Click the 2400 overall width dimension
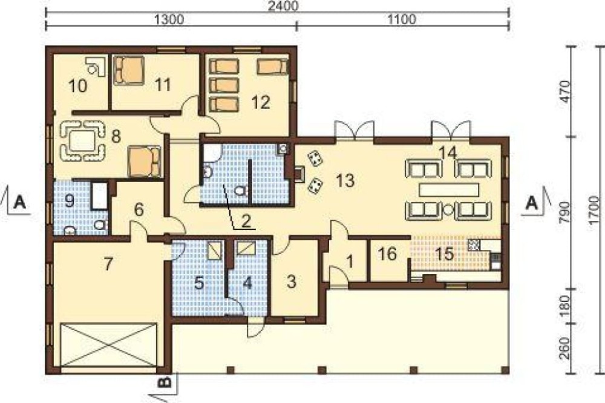(284, 6)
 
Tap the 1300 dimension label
(169, 19)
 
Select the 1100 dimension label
(402, 19)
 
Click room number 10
(77, 86)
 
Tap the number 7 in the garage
(108, 264)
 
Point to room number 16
(387, 254)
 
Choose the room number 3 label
(292, 282)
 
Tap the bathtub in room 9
(100, 195)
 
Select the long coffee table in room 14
(449, 190)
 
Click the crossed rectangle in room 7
(109, 345)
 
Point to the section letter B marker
(165, 382)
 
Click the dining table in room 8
(82, 140)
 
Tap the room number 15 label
(444, 254)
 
